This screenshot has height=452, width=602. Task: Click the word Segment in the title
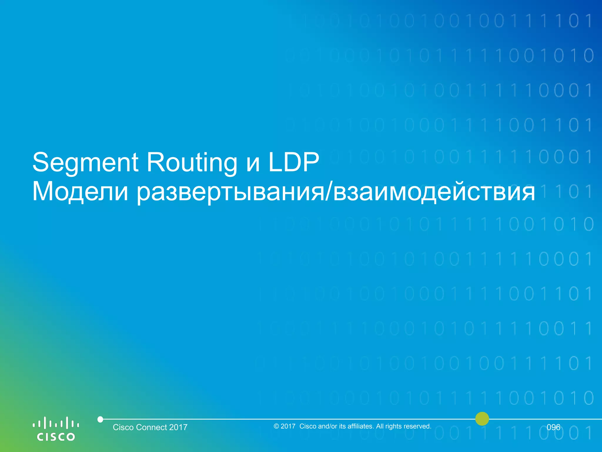pos(85,162)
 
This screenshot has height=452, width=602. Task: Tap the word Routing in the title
pos(192,162)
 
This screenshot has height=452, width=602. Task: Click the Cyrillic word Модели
pos(80,192)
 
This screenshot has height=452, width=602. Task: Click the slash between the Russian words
pos(329,192)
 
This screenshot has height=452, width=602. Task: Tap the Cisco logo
pos(56,429)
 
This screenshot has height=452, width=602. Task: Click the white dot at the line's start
pos(100,419)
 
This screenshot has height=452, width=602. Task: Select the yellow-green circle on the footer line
pos(482,419)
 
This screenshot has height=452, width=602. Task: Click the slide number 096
pos(553,427)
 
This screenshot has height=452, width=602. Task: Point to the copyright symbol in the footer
pos(276,426)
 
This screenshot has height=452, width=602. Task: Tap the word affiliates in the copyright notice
pos(360,426)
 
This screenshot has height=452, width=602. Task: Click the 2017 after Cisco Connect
pos(178,427)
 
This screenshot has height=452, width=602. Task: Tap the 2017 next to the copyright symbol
pos(288,426)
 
